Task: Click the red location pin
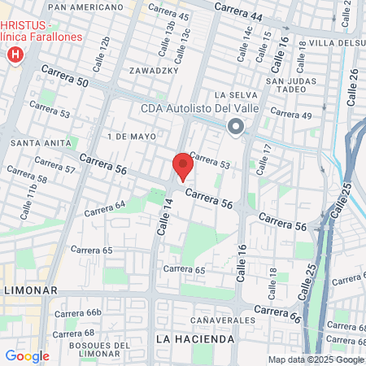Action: (x=182, y=167)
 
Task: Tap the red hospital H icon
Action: (x=14, y=55)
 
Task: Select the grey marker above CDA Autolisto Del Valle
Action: (x=236, y=127)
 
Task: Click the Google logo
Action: (x=27, y=355)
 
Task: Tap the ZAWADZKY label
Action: (x=153, y=71)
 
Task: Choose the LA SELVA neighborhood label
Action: (x=235, y=95)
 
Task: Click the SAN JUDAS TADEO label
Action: (x=290, y=85)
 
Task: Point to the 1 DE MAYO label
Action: (x=130, y=135)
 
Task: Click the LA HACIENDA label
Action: (x=188, y=338)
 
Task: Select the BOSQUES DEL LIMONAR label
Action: (x=96, y=351)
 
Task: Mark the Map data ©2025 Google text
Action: (x=316, y=359)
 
